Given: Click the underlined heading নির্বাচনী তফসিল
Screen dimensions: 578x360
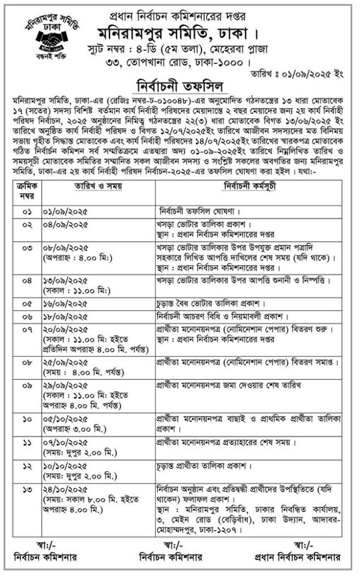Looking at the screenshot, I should [x=179, y=85].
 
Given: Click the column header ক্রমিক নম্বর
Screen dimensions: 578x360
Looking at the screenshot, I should [x=26, y=189].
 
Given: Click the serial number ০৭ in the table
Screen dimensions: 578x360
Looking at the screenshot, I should [x=26, y=329].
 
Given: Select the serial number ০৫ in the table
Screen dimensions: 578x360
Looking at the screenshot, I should [x=26, y=303].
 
